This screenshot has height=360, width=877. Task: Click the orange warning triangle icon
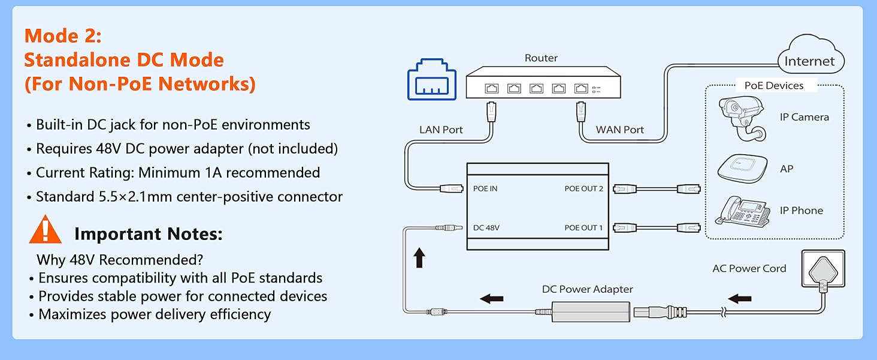point(46,230)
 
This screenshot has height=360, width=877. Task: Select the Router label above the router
point(541,58)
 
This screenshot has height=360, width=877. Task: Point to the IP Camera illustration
point(743,117)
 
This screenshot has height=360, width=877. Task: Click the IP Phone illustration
point(745,211)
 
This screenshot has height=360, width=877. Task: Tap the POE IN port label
point(485,188)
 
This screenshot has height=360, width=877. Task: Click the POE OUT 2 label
point(583,188)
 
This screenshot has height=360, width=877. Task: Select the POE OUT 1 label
point(583,227)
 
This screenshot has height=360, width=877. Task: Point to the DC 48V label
point(486,227)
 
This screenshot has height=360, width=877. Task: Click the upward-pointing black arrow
point(419,259)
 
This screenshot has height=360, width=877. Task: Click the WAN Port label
point(620,130)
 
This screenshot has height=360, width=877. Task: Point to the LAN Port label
point(441,130)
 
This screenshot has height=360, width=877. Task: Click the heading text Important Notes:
point(148,234)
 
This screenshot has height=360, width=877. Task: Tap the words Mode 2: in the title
point(63,35)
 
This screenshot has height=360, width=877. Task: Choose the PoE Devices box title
point(773,86)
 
